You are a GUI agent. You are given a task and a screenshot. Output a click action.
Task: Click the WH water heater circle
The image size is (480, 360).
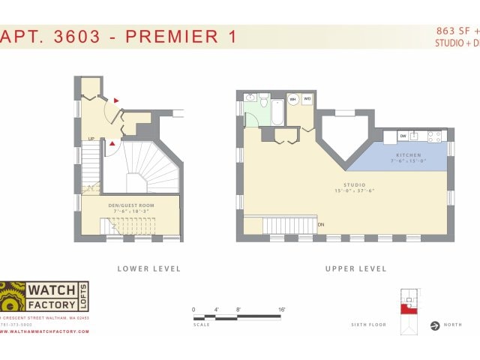293,99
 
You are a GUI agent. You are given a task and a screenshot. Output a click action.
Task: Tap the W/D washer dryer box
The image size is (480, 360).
307,99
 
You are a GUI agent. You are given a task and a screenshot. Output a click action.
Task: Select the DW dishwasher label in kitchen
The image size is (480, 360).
402,136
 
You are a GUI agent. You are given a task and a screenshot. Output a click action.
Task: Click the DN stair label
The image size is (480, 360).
321,224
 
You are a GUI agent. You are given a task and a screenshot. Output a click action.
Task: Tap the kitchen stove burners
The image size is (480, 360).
434,136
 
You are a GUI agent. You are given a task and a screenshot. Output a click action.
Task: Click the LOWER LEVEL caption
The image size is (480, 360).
148,268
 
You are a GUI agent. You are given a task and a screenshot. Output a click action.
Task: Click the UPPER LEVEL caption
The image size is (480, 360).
355,268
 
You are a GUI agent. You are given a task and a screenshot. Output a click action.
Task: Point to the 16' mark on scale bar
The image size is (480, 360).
281,309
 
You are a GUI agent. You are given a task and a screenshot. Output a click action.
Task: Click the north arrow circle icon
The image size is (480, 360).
434,325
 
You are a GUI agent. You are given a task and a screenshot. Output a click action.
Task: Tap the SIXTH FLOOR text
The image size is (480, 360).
368,325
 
